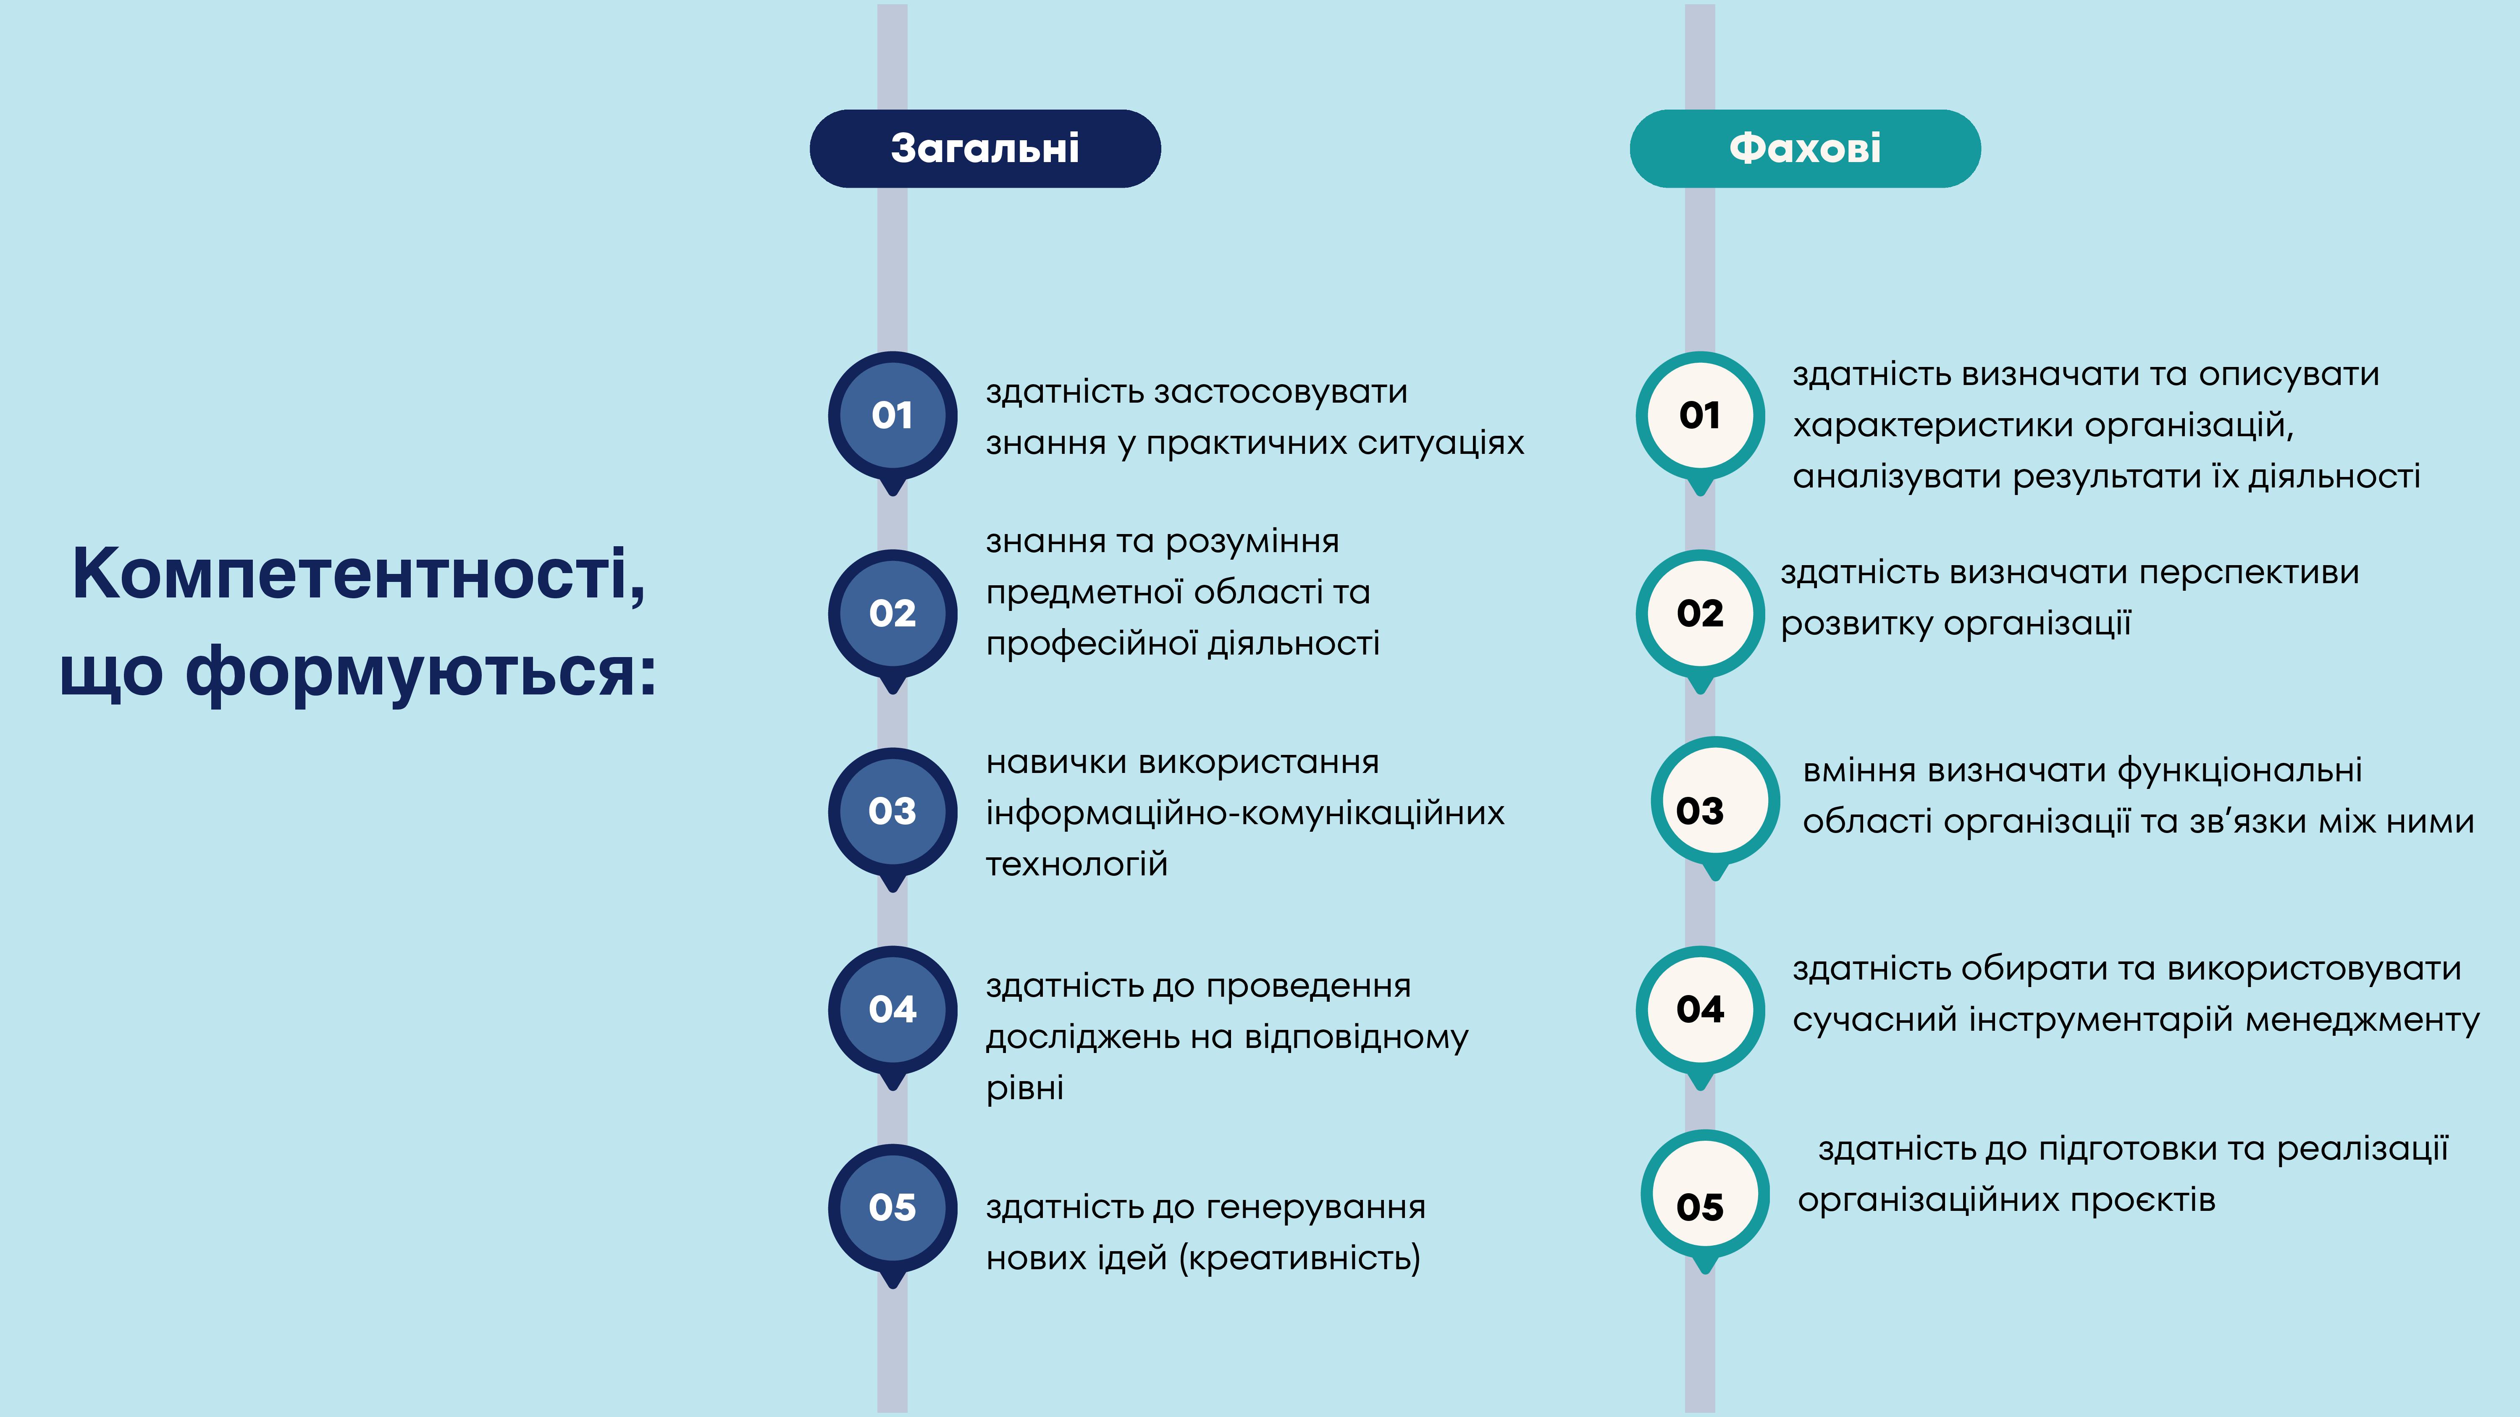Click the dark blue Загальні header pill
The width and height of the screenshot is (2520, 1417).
985,149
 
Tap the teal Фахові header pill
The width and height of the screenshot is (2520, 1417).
1805,149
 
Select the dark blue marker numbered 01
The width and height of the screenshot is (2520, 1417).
892,421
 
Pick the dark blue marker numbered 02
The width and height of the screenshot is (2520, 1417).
892,619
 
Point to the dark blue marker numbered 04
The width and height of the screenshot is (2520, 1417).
892,1015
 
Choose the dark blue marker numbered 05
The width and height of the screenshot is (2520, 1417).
892,1214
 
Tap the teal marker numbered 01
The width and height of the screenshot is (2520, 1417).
1700,421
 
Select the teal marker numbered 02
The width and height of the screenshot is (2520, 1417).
1700,619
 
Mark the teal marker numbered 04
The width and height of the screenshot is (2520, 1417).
1700,1015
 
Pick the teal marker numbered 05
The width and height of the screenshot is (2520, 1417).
1705,1199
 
